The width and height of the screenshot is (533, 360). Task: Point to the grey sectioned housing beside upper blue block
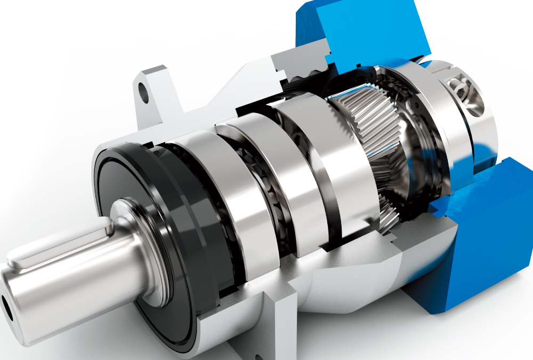tap(298, 69)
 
